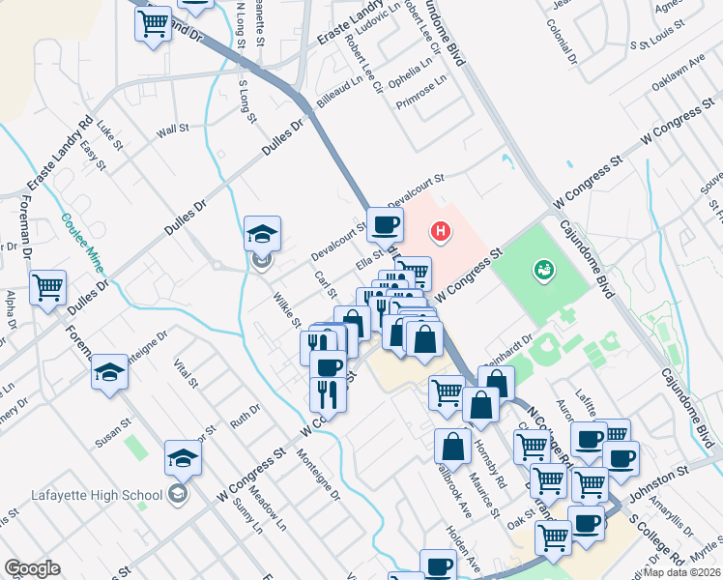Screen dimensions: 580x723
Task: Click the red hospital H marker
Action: (441, 232)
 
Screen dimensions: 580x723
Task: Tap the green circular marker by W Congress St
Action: (543, 271)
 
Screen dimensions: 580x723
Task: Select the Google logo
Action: (32, 568)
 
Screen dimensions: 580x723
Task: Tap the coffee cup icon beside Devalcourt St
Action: (385, 225)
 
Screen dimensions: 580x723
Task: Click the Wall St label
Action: (171, 129)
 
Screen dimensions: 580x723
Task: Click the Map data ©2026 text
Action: (681, 572)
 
